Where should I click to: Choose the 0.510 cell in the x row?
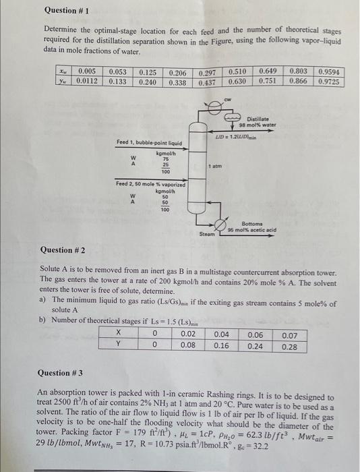[237, 71]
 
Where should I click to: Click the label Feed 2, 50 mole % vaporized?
[149, 183]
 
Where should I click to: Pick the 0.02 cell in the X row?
[189, 334]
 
